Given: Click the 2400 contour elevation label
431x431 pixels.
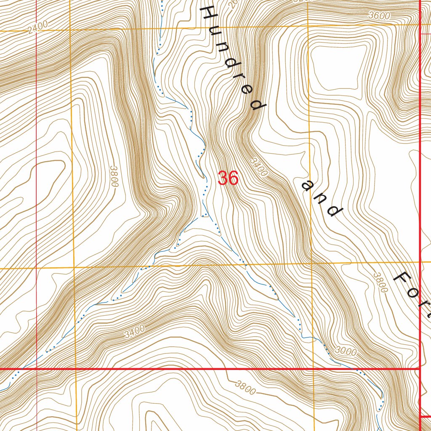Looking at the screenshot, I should (x=37, y=27).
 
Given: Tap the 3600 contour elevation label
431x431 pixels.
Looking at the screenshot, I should (x=378, y=16).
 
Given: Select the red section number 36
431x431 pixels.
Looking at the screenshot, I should (x=228, y=178).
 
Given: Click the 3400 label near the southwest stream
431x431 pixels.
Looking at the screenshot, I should (x=135, y=332).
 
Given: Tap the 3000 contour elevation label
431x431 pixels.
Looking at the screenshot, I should (x=346, y=351).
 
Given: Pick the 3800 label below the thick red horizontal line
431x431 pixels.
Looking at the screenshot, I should (x=246, y=388).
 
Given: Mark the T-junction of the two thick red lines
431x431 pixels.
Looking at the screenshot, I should (x=421, y=369).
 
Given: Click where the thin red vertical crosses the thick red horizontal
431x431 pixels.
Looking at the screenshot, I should (x=37, y=369).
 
